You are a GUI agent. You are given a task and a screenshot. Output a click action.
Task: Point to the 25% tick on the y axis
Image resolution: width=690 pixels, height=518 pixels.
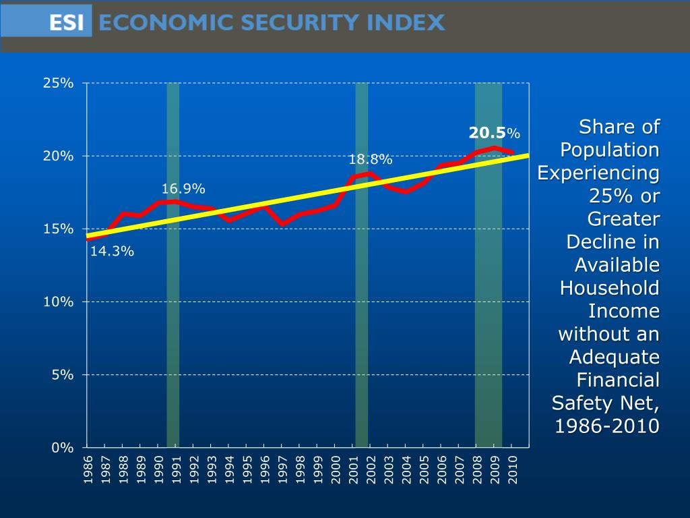(x=58, y=83)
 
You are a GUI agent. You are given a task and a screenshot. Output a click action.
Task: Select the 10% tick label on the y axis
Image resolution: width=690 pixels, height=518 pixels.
(x=58, y=301)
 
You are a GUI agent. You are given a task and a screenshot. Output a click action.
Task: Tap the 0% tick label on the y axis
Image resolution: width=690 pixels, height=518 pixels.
(x=62, y=447)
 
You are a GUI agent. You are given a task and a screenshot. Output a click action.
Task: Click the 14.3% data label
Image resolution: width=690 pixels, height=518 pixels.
(x=112, y=252)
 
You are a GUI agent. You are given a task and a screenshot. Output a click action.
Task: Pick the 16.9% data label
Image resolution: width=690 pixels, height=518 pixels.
(x=183, y=188)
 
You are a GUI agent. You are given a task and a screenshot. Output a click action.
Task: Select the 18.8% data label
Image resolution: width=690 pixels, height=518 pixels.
(x=370, y=160)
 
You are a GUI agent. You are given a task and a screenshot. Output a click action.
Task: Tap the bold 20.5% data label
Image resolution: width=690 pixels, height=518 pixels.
(x=495, y=133)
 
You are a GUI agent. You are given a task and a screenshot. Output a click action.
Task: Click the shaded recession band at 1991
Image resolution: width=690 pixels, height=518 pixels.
(x=173, y=304)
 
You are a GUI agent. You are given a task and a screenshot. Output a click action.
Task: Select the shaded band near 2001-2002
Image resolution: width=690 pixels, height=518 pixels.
(x=362, y=304)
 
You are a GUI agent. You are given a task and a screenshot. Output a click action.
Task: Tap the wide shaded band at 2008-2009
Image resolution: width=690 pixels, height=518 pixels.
(x=489, y=304)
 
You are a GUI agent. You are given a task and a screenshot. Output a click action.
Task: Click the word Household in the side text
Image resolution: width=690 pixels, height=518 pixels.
(x=610, y=288)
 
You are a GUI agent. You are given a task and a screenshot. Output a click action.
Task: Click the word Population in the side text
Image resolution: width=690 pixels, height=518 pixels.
(x=610, y=150)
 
